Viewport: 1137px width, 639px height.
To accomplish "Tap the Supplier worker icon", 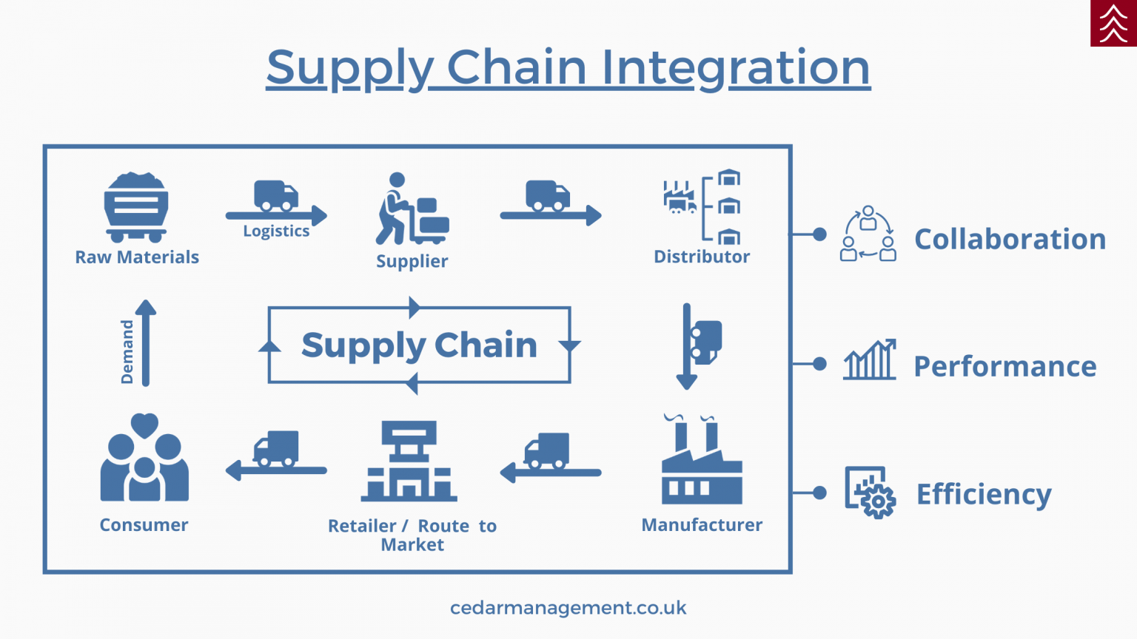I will [411, 209].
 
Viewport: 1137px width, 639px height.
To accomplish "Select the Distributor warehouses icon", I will [702, 206].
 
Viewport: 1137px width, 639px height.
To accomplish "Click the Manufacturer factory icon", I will [701, 461].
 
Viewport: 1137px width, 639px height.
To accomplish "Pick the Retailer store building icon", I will [409, 461].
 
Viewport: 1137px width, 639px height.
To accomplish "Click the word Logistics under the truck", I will [276, 231].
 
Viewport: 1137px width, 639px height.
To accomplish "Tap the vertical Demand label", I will [127, 351].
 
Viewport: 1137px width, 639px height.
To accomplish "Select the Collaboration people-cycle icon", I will [868, 234].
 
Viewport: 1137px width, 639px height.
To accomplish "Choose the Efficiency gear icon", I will [871, 493].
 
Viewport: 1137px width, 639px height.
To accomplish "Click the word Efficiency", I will [984, 494].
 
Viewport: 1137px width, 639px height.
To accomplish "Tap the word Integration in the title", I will [735, 67].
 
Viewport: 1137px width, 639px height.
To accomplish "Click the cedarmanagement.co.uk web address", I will [568, 608].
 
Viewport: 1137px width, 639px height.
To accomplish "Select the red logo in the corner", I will [1113, 23].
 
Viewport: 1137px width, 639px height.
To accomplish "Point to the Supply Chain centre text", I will [419, 345].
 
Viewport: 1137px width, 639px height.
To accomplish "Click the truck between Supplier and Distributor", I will [549, 197].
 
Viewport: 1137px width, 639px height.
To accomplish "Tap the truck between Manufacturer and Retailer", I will [547, 451].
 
